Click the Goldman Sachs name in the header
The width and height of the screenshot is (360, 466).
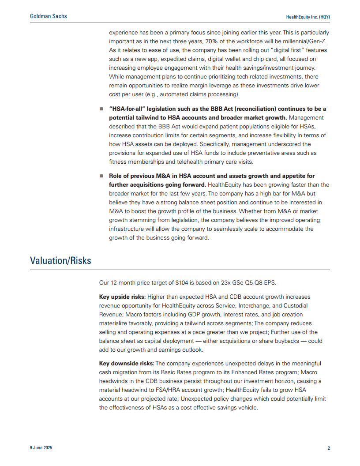coord(49,16)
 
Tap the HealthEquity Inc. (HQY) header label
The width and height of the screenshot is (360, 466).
coord(308,17)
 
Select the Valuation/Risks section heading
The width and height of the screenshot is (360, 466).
coord(60,260)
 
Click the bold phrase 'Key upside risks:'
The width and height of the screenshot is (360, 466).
coord(122,297)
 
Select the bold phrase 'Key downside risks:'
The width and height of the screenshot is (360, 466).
coord(127,363)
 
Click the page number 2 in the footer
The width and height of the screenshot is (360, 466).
coord(329,448)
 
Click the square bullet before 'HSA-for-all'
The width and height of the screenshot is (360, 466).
coord(101,109)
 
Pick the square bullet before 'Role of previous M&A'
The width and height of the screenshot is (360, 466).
coord(101,176)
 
